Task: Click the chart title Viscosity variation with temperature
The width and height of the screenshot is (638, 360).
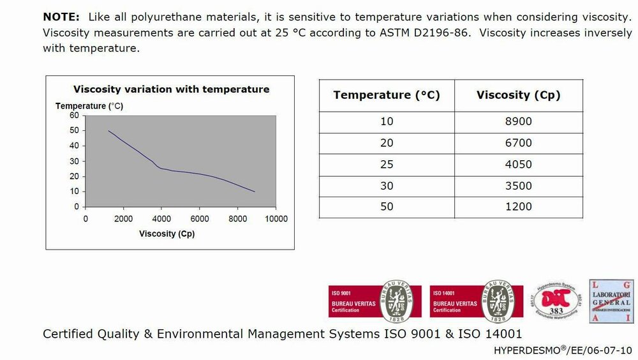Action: click(x=171, y=89)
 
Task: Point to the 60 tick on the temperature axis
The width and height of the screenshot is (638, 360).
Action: click(x=75, y=116)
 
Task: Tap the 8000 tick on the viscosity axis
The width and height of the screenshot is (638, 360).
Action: click(x=237, y=219)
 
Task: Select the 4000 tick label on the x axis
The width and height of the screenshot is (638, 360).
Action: click(x=161, y=219)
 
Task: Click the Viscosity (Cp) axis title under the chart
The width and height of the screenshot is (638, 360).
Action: click(x=167, y=234)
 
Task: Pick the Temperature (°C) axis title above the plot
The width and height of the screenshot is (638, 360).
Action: click(x=89, y=106)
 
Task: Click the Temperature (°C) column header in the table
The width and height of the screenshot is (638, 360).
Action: click(x=387, y=95)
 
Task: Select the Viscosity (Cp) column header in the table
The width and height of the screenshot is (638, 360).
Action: click(x=518, y=95)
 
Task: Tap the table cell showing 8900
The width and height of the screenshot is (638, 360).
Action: click(x=518, y=121)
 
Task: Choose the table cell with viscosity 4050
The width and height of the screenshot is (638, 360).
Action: click(x=518, y=165)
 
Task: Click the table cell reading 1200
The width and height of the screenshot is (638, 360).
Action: click(x=518, y=207)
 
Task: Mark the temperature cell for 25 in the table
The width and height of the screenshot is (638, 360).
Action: click(x=387, y=165)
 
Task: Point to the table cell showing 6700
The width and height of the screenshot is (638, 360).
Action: click(x=518, y=143)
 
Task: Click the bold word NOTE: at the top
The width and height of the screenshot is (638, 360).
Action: click(x=61, y=17)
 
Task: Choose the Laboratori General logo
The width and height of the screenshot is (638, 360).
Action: click(x=611, y=301)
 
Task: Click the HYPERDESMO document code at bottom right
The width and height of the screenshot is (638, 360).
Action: click(x=562, y=350)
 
